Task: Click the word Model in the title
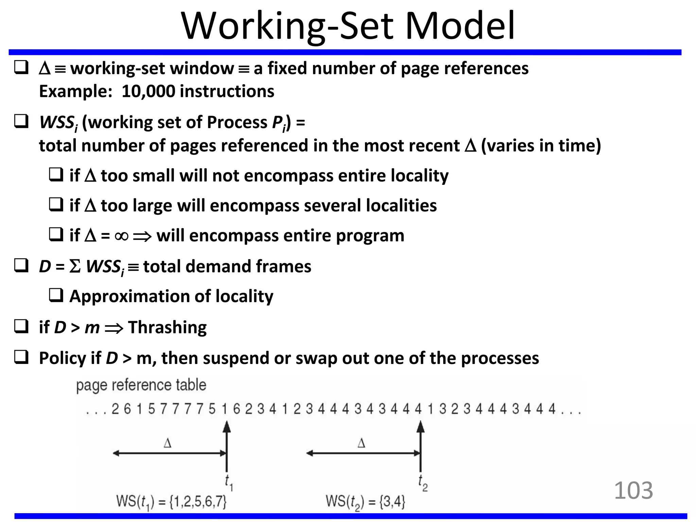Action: coord(460,27)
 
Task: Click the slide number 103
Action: coord(633,490)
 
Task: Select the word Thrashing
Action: coord(167,328)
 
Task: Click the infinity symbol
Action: coord(122,236)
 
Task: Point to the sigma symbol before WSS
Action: coord(75,266)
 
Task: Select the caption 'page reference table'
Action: coord(141,385)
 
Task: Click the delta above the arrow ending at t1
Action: coord(168,443)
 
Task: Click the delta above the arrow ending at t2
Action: coord(361,443)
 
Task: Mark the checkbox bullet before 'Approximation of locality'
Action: coord(56,295)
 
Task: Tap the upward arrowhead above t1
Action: coord(227,427)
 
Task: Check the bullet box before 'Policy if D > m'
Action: coord(21,357)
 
